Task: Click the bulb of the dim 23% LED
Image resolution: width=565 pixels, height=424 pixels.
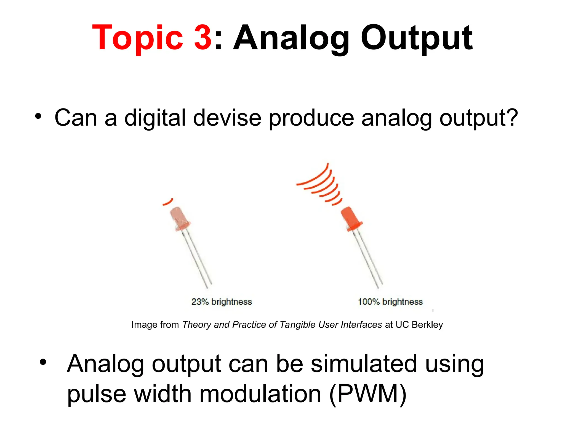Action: point(179,218)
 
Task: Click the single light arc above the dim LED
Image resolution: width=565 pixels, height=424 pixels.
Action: point(168,202)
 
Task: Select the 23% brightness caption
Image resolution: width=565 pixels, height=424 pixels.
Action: point(222,302)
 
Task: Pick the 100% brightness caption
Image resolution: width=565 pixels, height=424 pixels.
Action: point(390,302)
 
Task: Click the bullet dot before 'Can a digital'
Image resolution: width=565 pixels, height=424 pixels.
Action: point(38,116)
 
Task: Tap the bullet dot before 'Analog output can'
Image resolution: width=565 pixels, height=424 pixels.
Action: point(43,362)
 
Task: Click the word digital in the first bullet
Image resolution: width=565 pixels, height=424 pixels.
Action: point(155,118)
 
